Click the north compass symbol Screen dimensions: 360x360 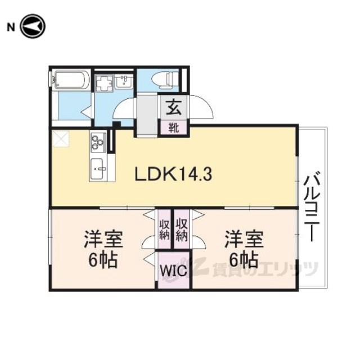(x=33, y=26)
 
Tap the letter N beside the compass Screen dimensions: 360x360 (x=11, y=28)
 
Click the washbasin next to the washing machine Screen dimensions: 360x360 (x=124, y=82)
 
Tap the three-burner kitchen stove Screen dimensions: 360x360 (x=98, y=143)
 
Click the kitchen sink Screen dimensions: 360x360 (x=97, y=169)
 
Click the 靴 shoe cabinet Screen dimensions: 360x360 (x=174, y=128)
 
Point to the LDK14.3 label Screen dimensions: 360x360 (x=173, y=174)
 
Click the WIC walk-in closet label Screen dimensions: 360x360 (x=173, y=271)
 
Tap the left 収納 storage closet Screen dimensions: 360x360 (x=164, y=229)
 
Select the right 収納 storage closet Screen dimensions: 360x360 (x=182, y=229)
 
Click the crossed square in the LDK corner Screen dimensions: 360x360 (x=61, y=139)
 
